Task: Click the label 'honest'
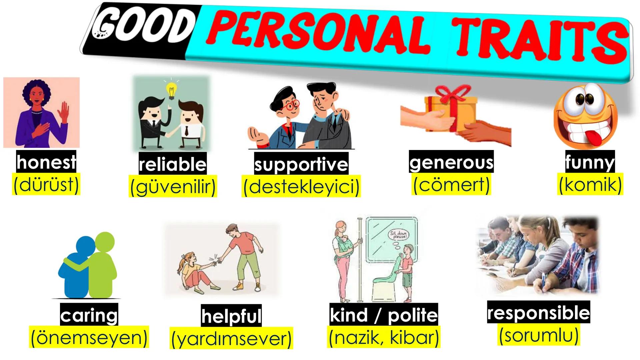(x=46, y=162)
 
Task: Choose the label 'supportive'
(x=301, y=164)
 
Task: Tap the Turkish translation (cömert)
(x=452, y=184)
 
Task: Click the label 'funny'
(x=590, y=162)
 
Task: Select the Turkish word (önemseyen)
(x=89, y=338)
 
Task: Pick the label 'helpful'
(x=231, y=316)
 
